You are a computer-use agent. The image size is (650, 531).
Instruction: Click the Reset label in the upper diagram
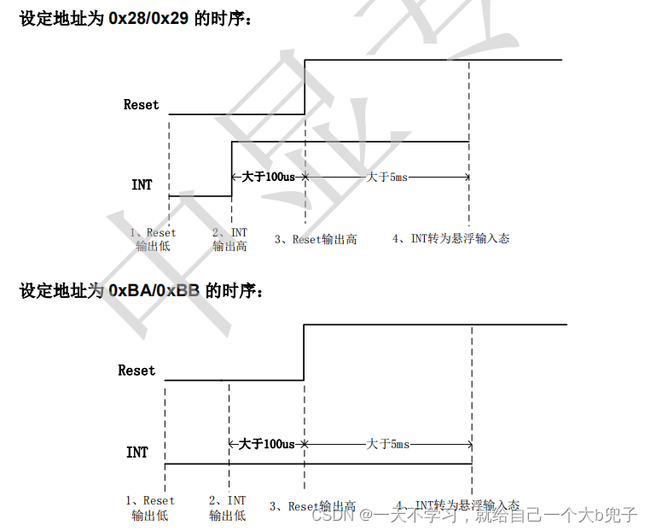point(141,105)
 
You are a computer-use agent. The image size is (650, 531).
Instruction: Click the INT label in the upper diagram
point(142,184)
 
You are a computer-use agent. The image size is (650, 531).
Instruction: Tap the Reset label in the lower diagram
point(136,371)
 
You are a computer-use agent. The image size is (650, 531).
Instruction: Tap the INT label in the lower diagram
point(136,452)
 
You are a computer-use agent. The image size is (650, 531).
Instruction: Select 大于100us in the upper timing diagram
point(268,177)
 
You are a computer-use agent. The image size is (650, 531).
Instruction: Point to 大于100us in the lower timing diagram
point(266,444)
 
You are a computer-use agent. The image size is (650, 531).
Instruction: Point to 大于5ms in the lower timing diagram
point(388,444)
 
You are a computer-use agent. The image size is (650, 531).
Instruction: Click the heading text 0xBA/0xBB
point(154,291)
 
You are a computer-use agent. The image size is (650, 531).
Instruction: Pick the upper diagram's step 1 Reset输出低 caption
point(154,239)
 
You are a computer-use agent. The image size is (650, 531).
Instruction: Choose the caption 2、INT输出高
point(229,239)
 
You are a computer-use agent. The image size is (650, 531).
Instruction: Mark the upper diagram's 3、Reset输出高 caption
point(316,239)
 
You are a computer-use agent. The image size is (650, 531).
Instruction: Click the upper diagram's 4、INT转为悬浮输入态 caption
point(450,239)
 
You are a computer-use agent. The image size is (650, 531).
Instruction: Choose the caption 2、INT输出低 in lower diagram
point(227,507)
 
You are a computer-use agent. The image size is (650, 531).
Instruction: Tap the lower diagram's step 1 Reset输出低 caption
point(150,507)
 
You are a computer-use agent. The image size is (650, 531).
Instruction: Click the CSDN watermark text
point(330,515)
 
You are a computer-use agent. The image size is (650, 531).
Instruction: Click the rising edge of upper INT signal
point(232,168)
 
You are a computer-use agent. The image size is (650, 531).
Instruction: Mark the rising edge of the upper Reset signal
point(305,85)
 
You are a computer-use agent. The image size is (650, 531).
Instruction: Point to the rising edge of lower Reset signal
point(304,352)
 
